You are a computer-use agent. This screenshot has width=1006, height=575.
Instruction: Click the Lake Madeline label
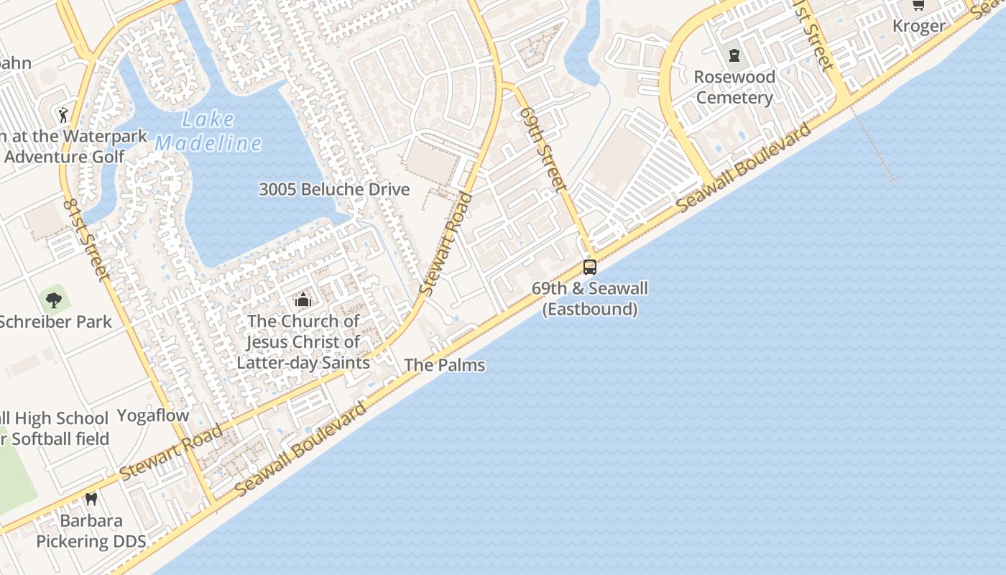pos(208,132)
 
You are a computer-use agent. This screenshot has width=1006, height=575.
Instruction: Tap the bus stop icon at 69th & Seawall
pos(590,267)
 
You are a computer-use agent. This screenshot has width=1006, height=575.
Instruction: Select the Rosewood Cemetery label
pos(734,87)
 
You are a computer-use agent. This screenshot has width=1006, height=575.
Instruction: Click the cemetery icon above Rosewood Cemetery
pos(734,55)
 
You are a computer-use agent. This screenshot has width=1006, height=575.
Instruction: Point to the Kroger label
pos(918,26)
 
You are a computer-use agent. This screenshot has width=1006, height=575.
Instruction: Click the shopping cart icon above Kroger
pos(918,5)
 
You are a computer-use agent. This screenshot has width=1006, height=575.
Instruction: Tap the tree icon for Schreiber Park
pos(53,300)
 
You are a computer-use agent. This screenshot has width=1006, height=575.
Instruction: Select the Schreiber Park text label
pos(55,321)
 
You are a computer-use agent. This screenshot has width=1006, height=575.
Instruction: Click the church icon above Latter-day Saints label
pos(303,300)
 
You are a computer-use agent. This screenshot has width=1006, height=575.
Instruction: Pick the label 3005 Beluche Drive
pos(334,190)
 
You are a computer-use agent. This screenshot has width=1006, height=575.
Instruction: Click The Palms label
pos(444,365)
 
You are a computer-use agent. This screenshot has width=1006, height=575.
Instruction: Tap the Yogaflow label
pos(153,415)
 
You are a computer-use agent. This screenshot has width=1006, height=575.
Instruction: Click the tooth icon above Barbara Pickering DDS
pos(91,499)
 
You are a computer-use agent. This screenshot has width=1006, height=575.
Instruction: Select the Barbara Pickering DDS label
pos(91,531)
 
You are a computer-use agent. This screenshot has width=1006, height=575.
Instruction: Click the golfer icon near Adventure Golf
pos(63,114)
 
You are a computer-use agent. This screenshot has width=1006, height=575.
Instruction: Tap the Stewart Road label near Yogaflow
pos(171,454)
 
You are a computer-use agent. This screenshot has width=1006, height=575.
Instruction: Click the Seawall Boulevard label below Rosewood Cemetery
pos(744,167)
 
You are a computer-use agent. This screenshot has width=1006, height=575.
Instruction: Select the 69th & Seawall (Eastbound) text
pos(589,299)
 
